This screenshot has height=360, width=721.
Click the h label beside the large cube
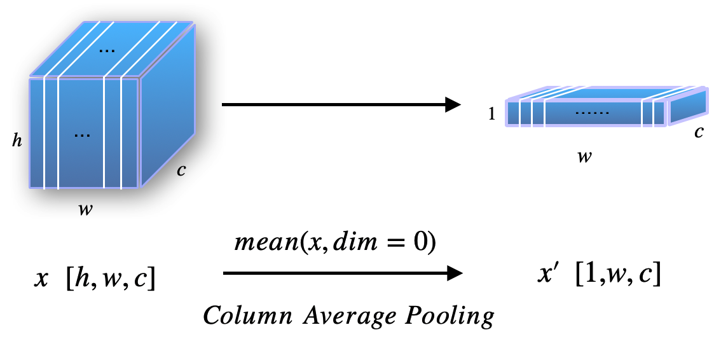pos(17,141)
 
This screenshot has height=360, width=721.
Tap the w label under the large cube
pos(84,210)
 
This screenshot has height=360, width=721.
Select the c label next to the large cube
pos(181,170)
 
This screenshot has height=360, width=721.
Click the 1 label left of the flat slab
pos(491,115)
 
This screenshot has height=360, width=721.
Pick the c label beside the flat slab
pos(699,132)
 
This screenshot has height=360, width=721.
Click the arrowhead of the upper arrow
pos(453,104)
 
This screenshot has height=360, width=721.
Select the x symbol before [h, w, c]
pos(42,280)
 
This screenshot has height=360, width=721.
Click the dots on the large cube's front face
pos(82,135)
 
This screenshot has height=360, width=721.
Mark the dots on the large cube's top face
pos(109,50)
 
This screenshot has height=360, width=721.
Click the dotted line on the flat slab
pos(591,113)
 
